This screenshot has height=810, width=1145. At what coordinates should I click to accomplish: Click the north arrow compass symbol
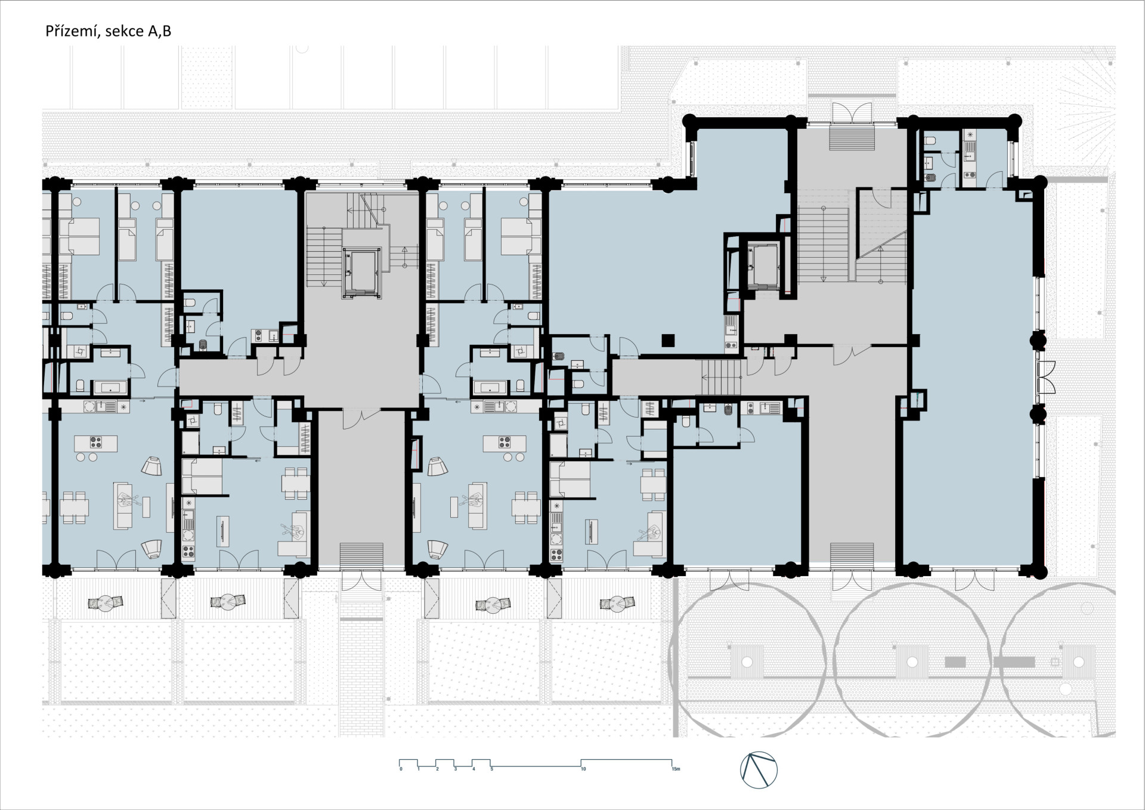click(x=759, y=769)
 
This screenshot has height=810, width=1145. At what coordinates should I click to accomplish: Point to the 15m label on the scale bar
click(x=675, y=769)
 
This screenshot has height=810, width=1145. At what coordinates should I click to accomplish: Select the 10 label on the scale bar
click(x=583, y=769)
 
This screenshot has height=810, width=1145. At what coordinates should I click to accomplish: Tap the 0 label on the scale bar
click(x=401, y=769)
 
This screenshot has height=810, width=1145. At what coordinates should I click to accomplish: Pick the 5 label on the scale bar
click(x=491, y=769)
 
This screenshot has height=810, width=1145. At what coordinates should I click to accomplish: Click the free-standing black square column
click(x=669, y=341)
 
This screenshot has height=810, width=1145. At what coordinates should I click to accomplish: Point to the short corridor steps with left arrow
click(x=721, y=377)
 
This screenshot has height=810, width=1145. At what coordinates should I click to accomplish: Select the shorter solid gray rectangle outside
click(x=955, y=661)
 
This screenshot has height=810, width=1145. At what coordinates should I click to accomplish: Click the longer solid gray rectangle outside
click(x=1014, y=661)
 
